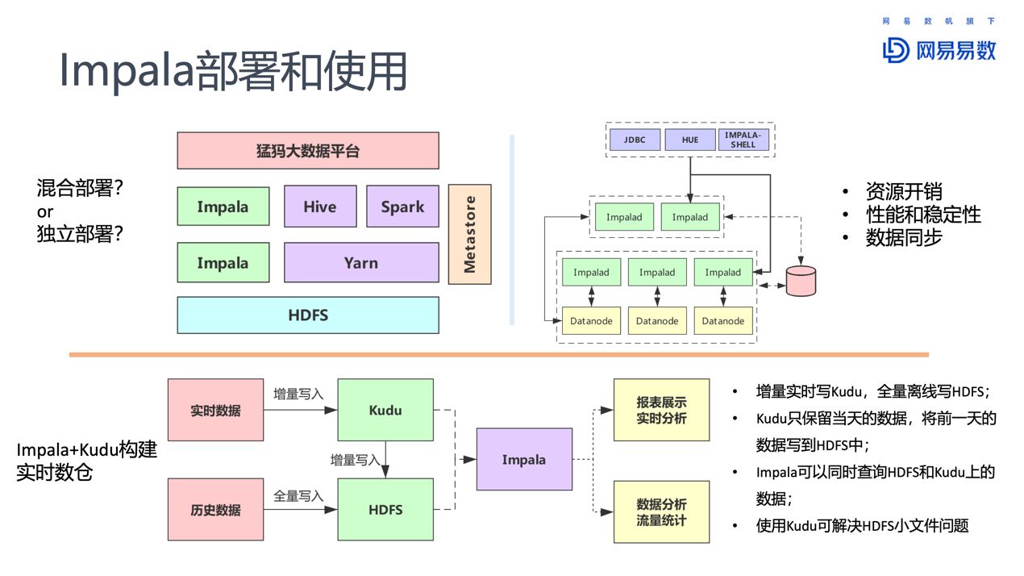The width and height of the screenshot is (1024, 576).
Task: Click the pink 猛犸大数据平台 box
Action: tap(308, 151)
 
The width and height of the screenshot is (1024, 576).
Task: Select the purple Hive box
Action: tap(320, 207)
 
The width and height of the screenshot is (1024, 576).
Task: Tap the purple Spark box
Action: tap(402, 207)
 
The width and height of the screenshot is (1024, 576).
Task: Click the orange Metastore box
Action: tap(469, 234)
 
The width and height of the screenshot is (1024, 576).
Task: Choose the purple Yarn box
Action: tap(360, 263)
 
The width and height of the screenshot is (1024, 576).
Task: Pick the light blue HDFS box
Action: tap(308, 315)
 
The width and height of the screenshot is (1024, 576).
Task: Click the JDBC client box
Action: tap(634, 140)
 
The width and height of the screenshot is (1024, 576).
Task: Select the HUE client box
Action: tap(689, 140)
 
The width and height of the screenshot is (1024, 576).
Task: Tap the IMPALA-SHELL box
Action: tap(743, 140)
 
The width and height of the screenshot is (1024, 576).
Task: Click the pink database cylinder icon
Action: tap(801, 280)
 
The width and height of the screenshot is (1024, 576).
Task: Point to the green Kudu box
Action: tap(385, 410)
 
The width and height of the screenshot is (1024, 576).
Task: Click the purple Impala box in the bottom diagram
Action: tap(524, 460)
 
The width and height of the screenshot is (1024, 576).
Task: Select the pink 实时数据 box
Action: tap(215, 410)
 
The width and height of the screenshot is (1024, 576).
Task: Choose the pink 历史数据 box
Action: tap(215, 510)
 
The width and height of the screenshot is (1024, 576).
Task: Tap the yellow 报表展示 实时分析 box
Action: tap(661, 410)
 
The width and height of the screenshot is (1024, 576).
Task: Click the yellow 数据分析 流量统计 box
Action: tap(661, 511)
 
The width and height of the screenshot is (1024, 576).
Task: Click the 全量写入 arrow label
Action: tap(298, 495)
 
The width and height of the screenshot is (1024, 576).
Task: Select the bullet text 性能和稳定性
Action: tap(922, 215)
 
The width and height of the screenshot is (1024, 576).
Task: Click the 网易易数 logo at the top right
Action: tap(939, 50)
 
